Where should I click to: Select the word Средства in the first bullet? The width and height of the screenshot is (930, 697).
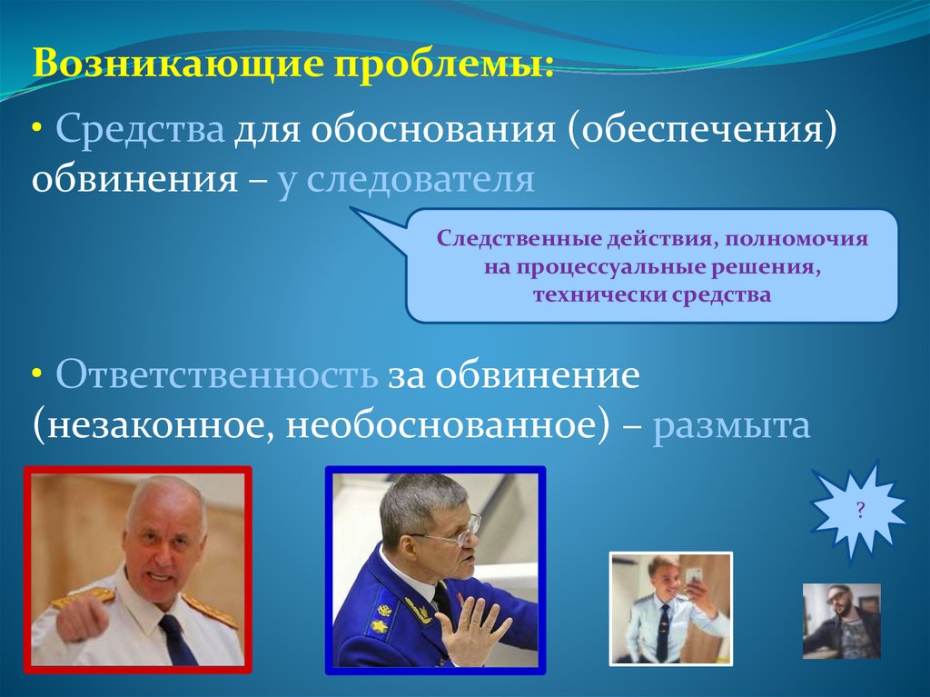click(x=140, y=129)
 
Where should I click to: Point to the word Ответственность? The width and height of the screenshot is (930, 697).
click(x=216, y=374)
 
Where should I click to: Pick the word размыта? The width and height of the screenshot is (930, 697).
click(x=731, y=425)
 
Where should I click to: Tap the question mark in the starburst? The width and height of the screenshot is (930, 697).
click(x=860, y=510)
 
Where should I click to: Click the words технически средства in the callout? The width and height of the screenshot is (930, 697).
click(x=652, y=294)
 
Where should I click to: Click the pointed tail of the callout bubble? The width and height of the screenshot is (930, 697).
click(x=351, y=208)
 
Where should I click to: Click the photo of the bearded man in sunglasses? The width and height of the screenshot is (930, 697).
click(x=842, y=621)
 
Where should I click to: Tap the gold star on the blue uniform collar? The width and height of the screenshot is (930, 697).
click(x=378, y=626)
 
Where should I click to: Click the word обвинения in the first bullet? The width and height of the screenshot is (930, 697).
click(x=134, y=179)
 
